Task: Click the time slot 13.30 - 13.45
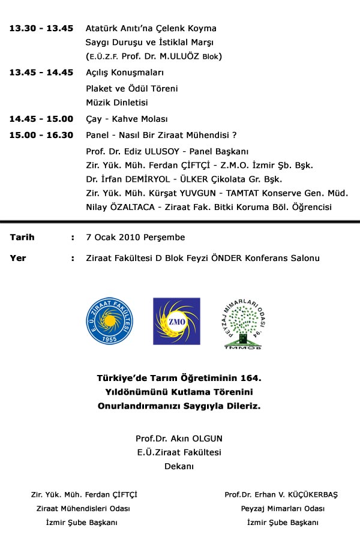(41, 28)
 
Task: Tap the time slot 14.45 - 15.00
(41, 119)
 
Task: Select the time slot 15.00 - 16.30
(41, 135)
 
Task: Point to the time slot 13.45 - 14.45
(41, 73)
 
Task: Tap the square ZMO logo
(176, 321)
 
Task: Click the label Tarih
(22, 237)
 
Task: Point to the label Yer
(17, 258)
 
